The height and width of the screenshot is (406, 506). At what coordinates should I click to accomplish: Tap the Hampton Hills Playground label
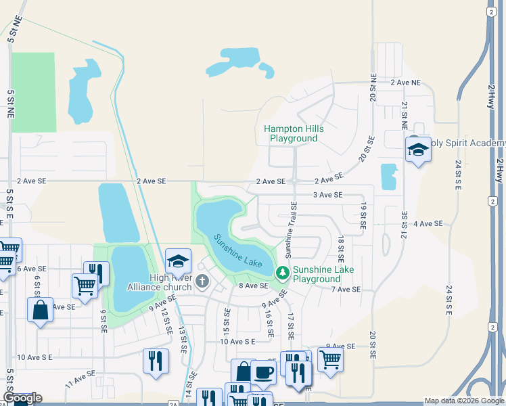click(x=294, y=133)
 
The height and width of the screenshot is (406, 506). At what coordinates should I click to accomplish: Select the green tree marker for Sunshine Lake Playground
click(x=283, y=274)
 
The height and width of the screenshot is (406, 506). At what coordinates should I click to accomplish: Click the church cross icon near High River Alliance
click(x=202, y=281)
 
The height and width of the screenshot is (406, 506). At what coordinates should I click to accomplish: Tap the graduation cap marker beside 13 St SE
click(x=178, y=261)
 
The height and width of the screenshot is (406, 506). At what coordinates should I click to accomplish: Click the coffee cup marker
click(x=263, y=371)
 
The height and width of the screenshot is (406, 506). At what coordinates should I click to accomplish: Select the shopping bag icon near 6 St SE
click(x=40, y=310)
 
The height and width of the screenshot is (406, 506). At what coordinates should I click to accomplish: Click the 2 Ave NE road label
click(x=405, y=83)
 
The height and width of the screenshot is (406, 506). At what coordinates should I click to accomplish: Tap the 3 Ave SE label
click(x=327, y=195)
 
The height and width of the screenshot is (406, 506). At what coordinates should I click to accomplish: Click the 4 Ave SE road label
click(x=428, y=223)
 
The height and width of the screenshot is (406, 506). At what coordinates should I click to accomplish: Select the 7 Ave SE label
click(x=346, y=289)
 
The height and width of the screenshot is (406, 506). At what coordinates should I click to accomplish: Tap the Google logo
click(x=22, y=398)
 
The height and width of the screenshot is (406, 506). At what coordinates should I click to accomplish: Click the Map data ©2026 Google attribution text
click(x=463, y=401)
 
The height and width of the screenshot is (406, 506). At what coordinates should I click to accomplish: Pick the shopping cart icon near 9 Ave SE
click(x=330, y=359)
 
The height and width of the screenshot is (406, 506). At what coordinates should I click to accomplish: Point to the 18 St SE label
click(x=340, y=249)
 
